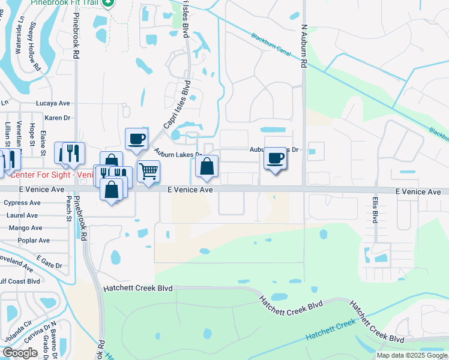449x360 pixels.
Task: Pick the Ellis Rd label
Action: click(374, 211)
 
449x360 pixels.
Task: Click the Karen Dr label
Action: click(58, 118)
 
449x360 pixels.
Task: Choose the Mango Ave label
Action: click(25, 228)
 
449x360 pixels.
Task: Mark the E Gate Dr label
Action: click(49, 262)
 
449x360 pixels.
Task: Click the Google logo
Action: click(20, 353)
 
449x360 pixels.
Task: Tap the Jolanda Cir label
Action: click(19, 331)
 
